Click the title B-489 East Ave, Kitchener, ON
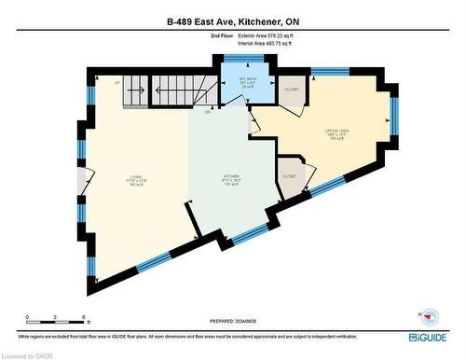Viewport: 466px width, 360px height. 232,21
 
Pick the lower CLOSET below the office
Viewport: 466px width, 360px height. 289,175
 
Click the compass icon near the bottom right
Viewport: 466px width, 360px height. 430,314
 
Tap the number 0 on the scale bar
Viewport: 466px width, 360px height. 28,318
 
